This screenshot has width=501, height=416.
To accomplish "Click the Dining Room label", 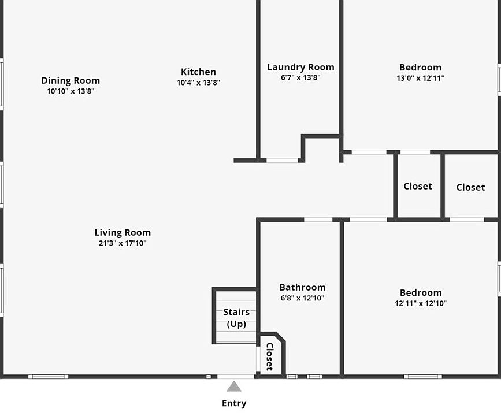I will point(70,81).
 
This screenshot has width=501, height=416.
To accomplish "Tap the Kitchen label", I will point(198,72).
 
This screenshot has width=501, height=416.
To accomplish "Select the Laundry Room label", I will point(300,68).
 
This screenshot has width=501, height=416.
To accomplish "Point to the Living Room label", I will point(123,233).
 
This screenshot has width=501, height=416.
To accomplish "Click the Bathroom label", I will point(302,287).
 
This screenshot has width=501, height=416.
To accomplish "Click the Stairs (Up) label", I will point(236,318).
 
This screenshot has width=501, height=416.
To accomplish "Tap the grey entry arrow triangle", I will point(233,387).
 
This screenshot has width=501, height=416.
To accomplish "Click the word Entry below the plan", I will point(233,403).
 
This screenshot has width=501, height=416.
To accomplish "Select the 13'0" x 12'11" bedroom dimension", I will point(420,78).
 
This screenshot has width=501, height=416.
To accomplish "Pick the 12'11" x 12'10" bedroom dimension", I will point(421,303).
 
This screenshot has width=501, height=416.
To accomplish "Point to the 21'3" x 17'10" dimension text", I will point(123,243).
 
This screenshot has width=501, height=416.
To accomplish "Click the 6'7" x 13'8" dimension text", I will point(300,77).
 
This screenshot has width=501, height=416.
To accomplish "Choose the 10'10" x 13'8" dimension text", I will point(70,91).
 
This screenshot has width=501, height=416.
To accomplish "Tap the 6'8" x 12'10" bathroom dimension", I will point(302,298).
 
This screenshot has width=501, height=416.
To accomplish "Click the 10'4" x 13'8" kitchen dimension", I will point(198,83).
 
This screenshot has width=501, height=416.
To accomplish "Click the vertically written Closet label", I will point(269,356).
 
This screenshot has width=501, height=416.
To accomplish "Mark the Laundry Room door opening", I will point(283,160).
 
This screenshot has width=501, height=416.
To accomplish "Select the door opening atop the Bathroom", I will point(318,220).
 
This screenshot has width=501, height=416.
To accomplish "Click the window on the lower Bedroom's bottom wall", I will point(423,377).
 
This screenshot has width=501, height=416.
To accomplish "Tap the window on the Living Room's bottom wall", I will point(48,377).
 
